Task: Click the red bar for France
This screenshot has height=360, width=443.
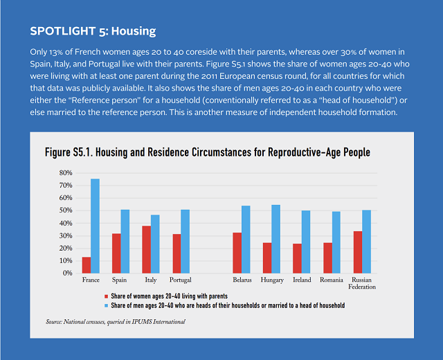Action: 87,265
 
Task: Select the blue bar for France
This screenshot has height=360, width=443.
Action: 96,226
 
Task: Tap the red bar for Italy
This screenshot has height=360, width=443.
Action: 146,249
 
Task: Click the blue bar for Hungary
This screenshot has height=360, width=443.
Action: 276,239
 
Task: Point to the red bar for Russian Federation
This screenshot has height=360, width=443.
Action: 358,252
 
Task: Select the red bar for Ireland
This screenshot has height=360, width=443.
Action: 297,258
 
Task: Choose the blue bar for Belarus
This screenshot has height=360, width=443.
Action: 246,240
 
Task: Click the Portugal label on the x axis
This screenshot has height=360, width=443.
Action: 181,280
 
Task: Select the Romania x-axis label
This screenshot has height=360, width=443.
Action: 332,280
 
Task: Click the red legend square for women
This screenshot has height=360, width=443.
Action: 105,296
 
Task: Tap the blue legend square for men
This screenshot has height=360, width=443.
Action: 105,305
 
